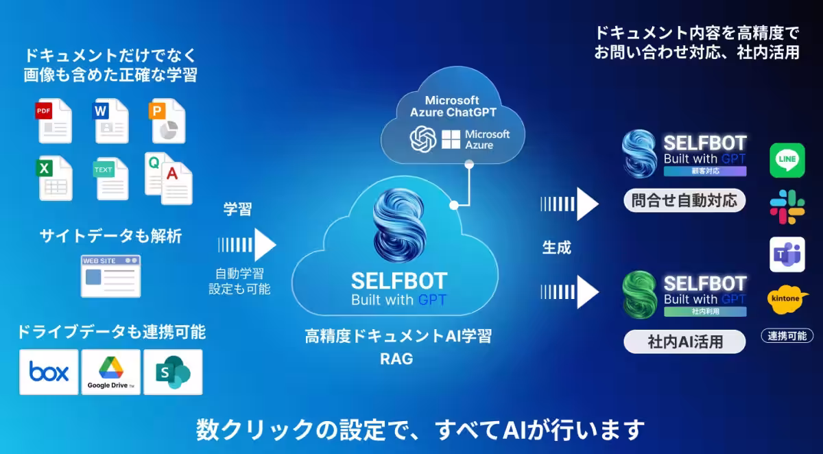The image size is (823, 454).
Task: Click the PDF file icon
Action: point(54,121)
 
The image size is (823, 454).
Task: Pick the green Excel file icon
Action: point(54,178)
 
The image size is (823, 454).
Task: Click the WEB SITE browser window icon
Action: point(110,276)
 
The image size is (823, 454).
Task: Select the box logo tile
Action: point(49,372)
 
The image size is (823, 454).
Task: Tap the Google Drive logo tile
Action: point(110,372)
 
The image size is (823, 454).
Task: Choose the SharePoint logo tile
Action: point(172,372)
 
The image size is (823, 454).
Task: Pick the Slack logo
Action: point(787,207)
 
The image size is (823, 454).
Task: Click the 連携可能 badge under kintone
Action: point(787,336)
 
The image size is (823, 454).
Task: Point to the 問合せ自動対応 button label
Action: point(684,201)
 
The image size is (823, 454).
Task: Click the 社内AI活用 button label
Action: point(684,341)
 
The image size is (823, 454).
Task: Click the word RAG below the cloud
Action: point(396,358)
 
